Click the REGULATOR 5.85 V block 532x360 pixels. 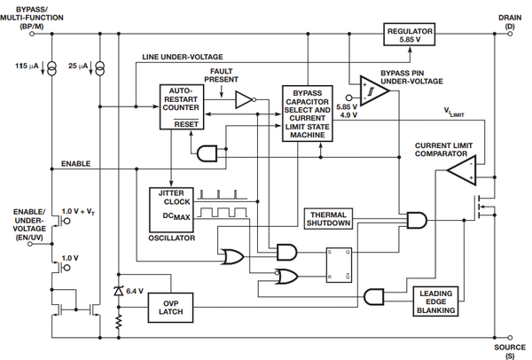(409, 35)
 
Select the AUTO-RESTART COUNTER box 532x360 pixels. (182, 107)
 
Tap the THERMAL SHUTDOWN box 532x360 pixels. (328, 219)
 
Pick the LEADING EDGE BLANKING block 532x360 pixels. (435, 301)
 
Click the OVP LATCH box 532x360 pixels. (170, 308)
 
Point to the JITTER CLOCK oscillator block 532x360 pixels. (172, 209)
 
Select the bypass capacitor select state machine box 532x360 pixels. (308, 113)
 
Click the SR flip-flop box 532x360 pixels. (339, 265)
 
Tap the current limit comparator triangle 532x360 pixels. (462, 170)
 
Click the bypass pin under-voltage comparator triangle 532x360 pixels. (373, 90)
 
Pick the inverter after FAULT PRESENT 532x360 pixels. (246, 99)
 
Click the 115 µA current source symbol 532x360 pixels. (52, 68)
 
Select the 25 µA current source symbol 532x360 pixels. (100, 68)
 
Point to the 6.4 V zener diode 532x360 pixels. (119, 291)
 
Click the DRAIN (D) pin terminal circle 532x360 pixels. (510, 34)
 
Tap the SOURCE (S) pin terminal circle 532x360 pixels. (510, 338)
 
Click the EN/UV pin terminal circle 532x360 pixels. (30, 244)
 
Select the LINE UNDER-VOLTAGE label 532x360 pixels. (183, 57)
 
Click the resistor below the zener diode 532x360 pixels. (119, 322)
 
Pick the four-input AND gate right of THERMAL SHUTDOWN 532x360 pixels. (417, 220)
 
